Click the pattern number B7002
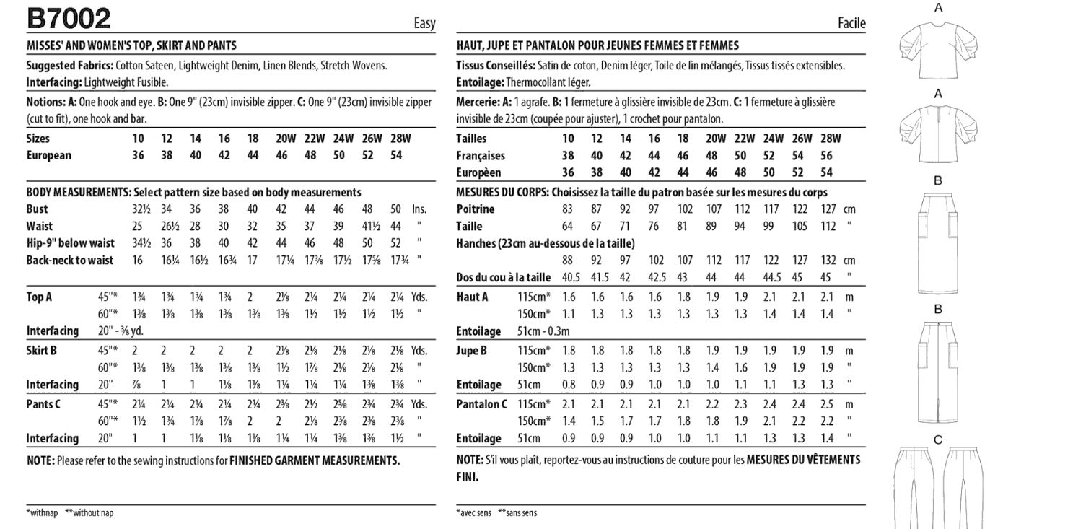(x=69, y=17)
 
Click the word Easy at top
(x=424, y=23)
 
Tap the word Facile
(x=851, y=23)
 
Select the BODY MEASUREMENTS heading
(x=77, y=192)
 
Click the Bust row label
(x=38, y=209)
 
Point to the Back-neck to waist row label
(x=70, y=261)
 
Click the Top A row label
(x=40, y=296)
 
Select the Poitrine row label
(x=476, y=209)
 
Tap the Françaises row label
(x=481, y=156)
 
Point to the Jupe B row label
(x=472, y=351)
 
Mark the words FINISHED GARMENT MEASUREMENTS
(x=315, y=460)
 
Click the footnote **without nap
(x=89, y=513)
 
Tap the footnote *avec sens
(x=473, y=513)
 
